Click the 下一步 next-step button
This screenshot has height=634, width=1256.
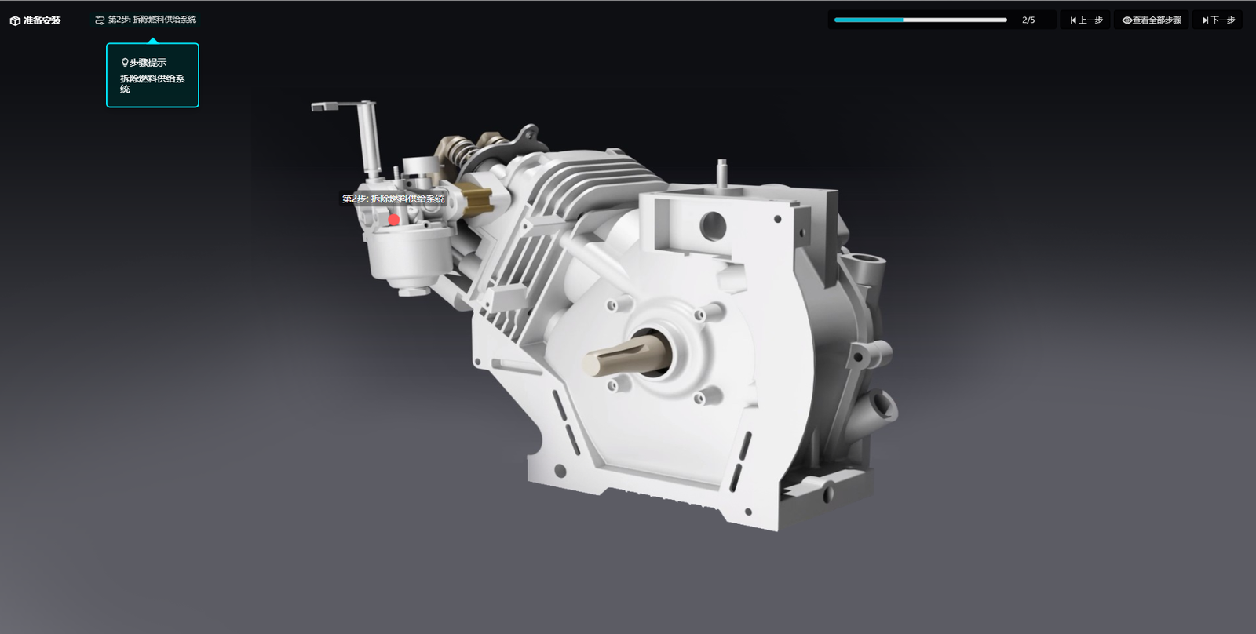pyautogui.click(x=1218, y=20)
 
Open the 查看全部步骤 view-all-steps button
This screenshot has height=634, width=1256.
pyautogui.click(x=1152, y=20)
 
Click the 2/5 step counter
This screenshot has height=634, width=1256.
pyautogui.click(x=1028, y=20)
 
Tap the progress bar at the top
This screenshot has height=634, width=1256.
pyautogui.click(x=920, y=20)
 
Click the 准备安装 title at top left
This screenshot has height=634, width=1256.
pyautogui.click(x=42, y=20)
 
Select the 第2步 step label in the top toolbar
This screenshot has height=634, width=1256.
pyautogui.click(x=152, y=20)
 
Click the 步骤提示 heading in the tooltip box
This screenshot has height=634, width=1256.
pyautogui.click(x=148, y=62)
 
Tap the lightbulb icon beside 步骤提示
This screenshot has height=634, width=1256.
pyautogui.click(x=124, y=62)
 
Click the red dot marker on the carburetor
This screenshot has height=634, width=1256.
pyautogui.click(x=394, y=220)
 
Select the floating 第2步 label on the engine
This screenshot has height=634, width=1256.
pyautogui.click(x=393, y=199)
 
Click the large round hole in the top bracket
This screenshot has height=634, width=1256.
pyautogui.click(x=713, y=225)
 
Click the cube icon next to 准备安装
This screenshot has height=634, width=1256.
pyautogui.click(x=15, y=20)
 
